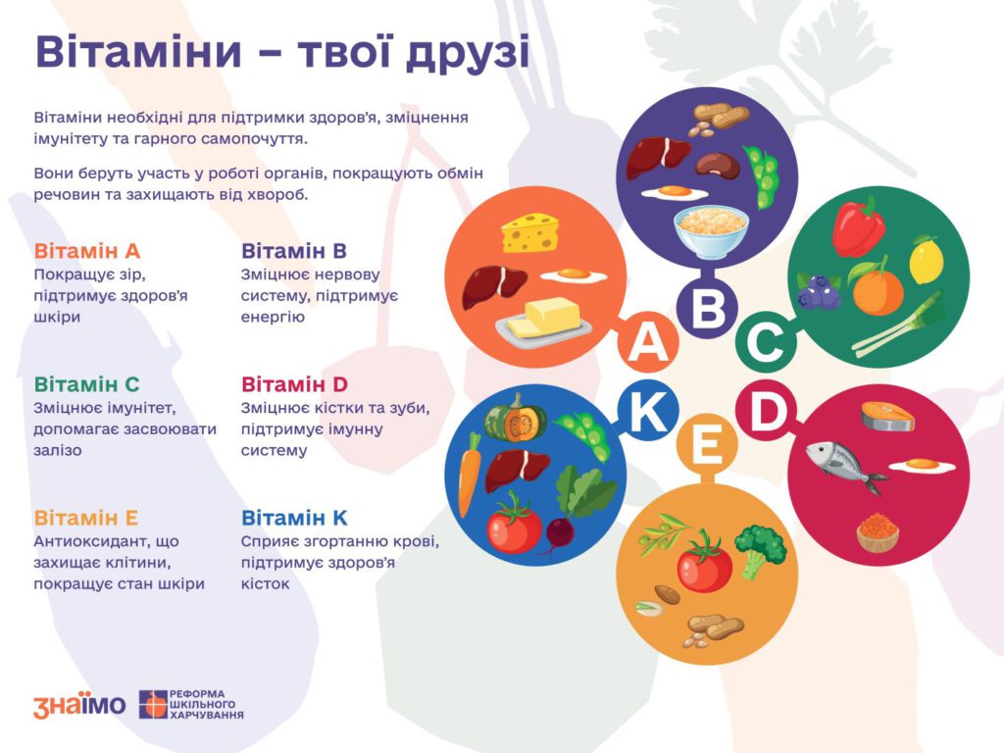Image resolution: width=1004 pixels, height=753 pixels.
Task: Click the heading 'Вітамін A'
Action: [87, 251]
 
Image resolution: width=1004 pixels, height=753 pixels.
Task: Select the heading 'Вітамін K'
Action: [294, 518]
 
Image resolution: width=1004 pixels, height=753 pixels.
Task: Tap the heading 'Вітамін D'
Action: [294, 384]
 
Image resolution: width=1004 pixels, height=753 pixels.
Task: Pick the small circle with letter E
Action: [708, 443]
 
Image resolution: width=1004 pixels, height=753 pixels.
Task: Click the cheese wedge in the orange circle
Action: [530, 233]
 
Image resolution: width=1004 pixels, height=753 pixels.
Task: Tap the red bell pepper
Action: [859, 226]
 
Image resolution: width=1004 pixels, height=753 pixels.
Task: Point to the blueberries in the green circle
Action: [817, 292]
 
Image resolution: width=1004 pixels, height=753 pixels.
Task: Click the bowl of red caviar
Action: [878, 532]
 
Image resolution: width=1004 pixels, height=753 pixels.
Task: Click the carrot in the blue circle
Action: [469, 474]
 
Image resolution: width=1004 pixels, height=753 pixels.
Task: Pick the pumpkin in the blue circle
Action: [515, 419]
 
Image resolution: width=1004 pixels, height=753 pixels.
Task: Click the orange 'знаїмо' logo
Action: [79, 705]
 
